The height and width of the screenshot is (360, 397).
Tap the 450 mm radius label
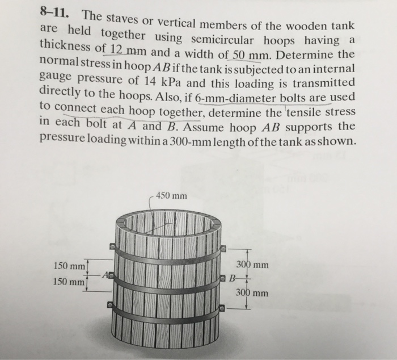coord(171,196)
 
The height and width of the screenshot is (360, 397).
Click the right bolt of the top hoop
coord(223,248)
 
